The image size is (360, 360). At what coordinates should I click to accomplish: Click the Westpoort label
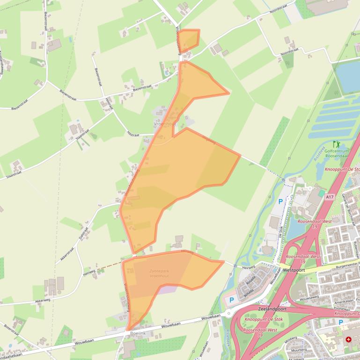(294, 270)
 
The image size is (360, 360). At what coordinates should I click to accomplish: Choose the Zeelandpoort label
(271, 310)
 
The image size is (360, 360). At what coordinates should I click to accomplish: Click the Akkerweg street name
(43, 300)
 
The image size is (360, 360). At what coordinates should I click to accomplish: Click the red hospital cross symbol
(348, 339)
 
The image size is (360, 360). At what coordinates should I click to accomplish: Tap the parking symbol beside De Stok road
(280, 202)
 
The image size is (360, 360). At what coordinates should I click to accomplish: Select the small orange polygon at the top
(190, 39)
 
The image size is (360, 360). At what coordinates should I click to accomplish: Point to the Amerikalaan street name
(344, 302)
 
